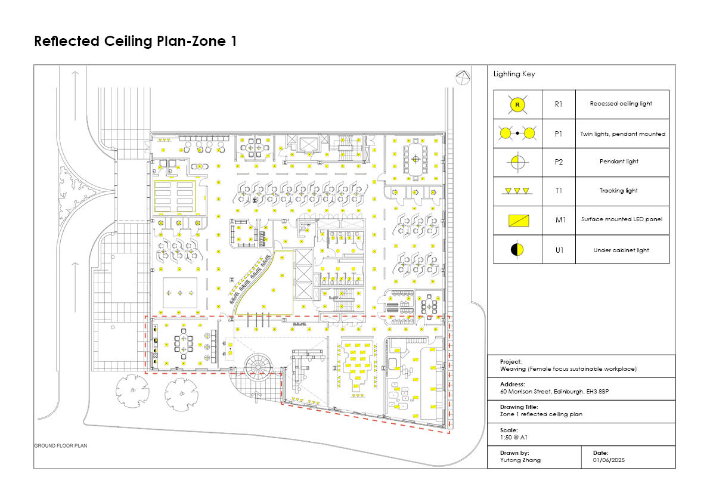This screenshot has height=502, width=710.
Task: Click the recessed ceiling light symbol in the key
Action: point(517,104)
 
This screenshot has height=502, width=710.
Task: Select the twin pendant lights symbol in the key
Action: point(517,133)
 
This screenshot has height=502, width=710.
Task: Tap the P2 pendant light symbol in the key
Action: point(517,162)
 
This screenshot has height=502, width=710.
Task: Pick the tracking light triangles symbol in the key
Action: point(517,191)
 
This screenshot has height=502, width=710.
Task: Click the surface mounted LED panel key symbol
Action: point(519,221)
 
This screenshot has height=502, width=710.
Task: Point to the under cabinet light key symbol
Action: point(517,249)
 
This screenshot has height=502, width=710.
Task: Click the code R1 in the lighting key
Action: point(559,104)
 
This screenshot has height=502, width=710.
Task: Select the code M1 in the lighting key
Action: point(560,220)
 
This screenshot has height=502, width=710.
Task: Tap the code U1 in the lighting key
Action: point(559,250)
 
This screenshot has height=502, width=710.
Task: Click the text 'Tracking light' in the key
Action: point(619,191)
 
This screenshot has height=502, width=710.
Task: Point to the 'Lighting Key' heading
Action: point(514,74)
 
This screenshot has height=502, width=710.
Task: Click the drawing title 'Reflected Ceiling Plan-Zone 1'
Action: point(135,41)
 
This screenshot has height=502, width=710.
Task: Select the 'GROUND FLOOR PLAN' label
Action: point(61,445)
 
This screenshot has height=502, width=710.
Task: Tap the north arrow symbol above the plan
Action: point(463,77)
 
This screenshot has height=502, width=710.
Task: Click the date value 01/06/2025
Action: point(609,460)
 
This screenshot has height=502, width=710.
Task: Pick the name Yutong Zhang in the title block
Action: point(520,460)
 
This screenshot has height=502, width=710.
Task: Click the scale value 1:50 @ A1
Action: point(513,437)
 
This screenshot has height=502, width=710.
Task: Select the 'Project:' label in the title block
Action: point(511,362)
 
